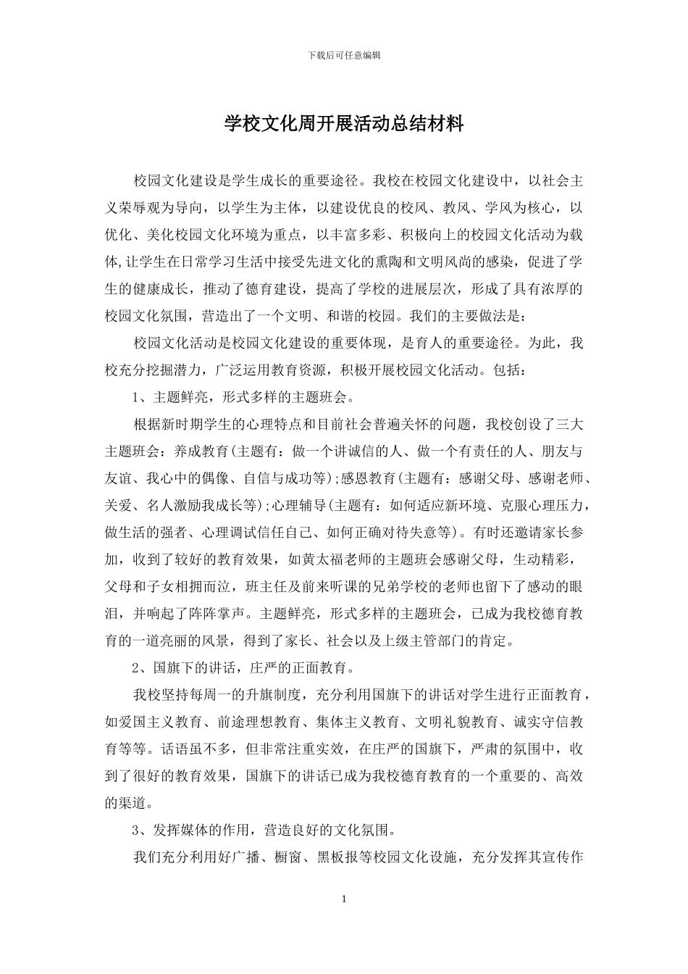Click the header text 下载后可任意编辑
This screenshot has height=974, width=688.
point(344,54)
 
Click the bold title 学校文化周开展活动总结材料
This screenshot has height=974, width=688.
point(344,124)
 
